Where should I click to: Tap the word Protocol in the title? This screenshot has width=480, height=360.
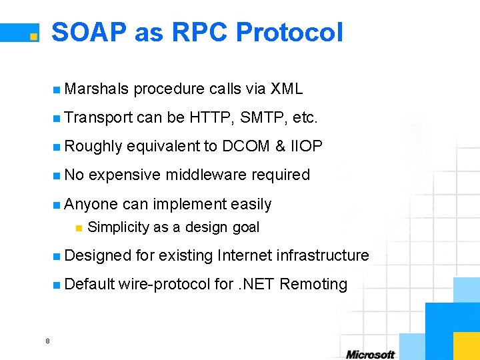[x=289, y=32]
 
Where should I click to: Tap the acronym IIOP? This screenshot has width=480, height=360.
[x=307, y=146]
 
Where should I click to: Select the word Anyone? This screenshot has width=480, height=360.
[x=91, y=204]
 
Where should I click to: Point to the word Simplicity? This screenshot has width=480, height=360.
[x=119, y=227]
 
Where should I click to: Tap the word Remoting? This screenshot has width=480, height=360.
[x=313, y=285]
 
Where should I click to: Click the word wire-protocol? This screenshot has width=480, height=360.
[x=165, y=285]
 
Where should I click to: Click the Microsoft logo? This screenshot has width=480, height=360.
[x=370, y=354]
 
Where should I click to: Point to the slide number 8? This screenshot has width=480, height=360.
[x=47, y=341]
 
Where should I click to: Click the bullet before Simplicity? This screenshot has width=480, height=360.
[x=78, y=228]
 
